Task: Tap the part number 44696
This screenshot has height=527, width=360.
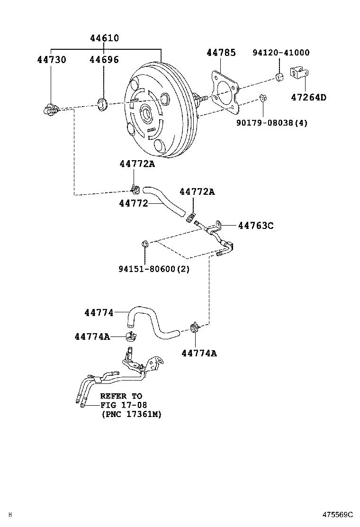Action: coord(104,60)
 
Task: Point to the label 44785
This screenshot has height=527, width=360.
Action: coord(221,53)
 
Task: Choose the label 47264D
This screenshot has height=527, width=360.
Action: coord(308,98)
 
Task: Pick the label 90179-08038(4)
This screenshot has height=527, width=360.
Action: coord(272,123)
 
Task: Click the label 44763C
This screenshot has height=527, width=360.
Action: coord(255,226)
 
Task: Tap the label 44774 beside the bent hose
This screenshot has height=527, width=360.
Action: coord(99,313)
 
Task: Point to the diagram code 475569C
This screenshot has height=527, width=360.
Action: coord(338,514)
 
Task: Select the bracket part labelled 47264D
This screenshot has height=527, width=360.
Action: coord(299,73)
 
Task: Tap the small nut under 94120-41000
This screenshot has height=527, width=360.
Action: coord(279,77)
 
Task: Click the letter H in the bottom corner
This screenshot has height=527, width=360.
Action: coord(10,514)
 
